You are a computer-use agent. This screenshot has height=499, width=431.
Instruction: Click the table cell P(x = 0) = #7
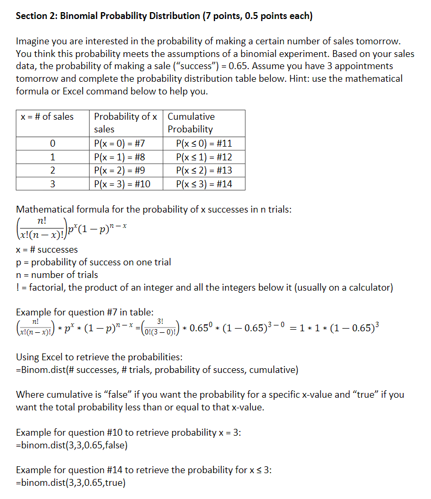[x=119, y=143]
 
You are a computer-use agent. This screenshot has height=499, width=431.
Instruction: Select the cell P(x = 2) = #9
[x=119, y=170]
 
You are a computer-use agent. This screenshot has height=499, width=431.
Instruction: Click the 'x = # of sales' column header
[x=47, y=117]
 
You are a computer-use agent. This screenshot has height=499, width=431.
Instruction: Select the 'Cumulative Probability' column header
[x=191, y=122]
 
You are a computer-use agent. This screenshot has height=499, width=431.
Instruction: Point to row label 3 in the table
[x=52, y=184]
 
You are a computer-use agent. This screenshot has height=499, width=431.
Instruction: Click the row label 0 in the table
[x=52, y=143]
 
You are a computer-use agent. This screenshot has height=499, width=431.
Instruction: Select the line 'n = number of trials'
[x=57, y=275]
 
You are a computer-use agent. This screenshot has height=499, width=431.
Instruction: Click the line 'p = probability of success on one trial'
[x=93, y=262]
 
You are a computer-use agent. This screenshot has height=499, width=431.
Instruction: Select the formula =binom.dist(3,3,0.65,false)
[x=72, y=445]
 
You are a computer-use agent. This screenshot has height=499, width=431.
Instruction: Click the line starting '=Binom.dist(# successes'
[x=157, y=369]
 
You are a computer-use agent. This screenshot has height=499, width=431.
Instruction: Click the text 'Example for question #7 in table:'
[x=84, y=312]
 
